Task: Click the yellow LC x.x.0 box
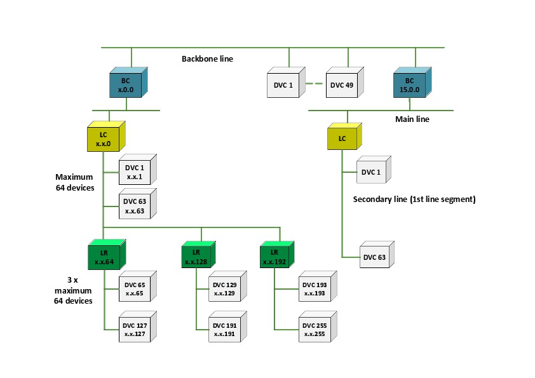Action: (103, 139)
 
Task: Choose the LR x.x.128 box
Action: (195, 257)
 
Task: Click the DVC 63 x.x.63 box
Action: (134, 206)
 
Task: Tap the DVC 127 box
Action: (134, 329)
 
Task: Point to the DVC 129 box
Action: (224, 289)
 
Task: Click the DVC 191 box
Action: (224, 329)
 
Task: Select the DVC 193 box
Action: (314, 289)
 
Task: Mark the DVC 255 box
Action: (314, 329)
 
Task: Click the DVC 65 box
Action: (134, 289)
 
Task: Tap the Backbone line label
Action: (208, 59)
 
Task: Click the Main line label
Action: (412, 119)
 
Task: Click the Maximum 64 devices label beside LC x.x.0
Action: (74, 182)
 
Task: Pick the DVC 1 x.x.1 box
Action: (134, 172)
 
